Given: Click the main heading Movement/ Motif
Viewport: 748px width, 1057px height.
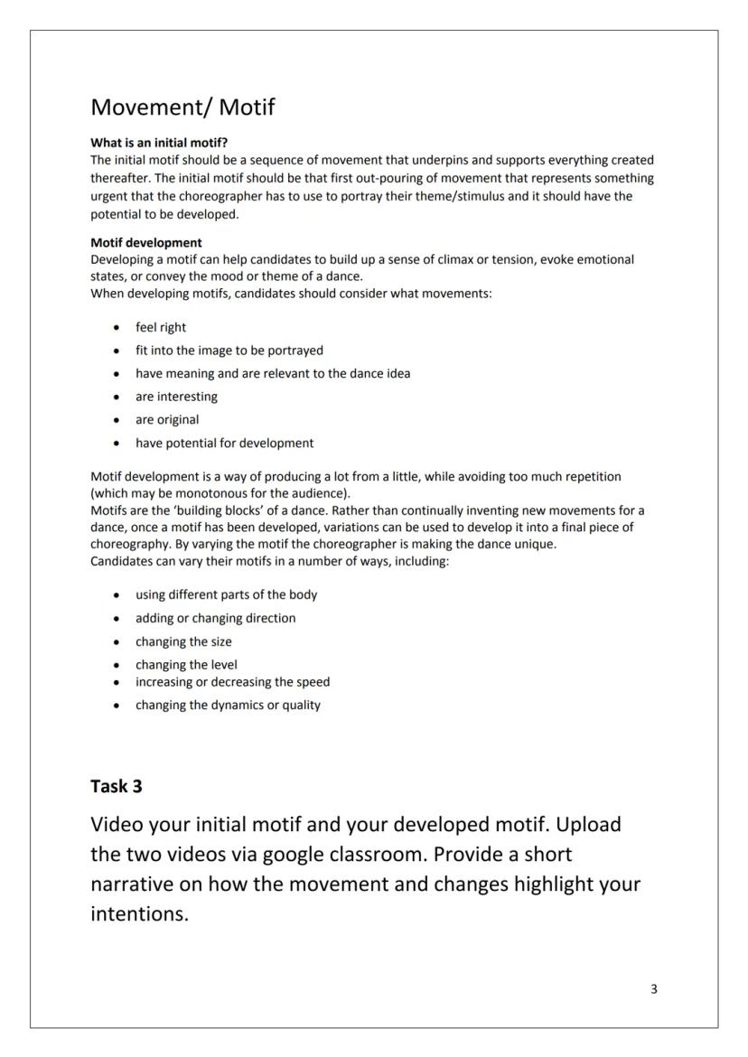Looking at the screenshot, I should click(x=182, y=108).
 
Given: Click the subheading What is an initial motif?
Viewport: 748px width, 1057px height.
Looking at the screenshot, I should click(x=159, y=143).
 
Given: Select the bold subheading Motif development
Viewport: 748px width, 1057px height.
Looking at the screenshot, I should click(x=146, y=242).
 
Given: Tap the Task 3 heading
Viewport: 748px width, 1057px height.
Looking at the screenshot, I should click(x=117, y=786).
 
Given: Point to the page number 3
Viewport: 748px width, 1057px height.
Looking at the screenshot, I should click(x=654, y=989).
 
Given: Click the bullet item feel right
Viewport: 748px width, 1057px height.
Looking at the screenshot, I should click(x=161, y=327).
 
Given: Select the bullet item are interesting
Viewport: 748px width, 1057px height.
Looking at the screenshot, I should click(x=176, y=397).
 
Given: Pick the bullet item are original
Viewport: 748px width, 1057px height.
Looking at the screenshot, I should click(x=167, y=419).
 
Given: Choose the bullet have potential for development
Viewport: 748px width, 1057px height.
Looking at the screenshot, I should click(x=224, y=443).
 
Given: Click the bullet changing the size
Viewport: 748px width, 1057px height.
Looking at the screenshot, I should click(x=183, y=641).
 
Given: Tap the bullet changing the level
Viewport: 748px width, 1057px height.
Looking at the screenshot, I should click(x=186, y=664).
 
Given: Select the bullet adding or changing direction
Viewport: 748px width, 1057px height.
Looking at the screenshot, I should click(x=215, y=618).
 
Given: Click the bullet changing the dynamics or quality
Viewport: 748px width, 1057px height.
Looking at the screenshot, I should click(x=228, y=705).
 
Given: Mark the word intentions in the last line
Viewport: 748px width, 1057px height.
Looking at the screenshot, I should click(x=139, y=914).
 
